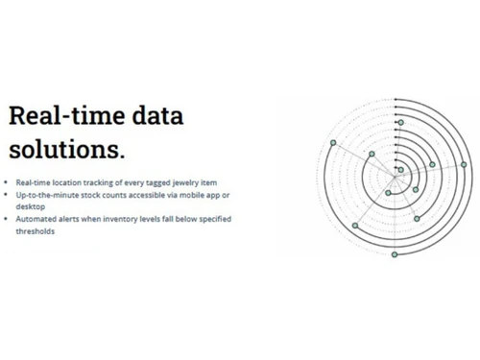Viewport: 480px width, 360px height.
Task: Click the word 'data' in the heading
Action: coord(152,117)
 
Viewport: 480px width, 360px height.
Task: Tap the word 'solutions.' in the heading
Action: coord(66,151)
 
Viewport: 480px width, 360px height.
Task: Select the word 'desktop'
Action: coord(31,205)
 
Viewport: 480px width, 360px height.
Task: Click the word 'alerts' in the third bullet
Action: coord(66,219)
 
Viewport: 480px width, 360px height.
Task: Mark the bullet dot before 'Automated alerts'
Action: coord(7,219)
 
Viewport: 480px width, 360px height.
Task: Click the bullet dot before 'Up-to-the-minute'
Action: coord(7,194)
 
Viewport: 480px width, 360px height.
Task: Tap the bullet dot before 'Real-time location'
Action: coord(7,180)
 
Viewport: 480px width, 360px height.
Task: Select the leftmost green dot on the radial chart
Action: coord(332,142)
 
